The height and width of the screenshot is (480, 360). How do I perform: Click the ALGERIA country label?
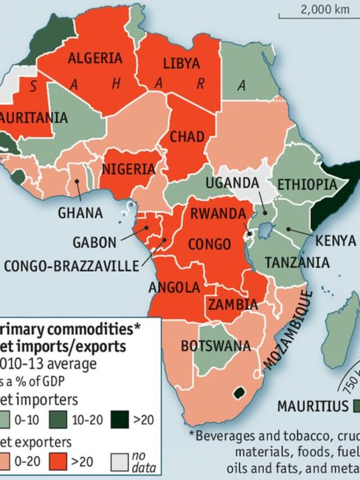(94, 59)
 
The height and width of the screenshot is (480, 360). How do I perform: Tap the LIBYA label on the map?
(181, 64)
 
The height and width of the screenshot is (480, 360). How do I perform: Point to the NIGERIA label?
(128, 169)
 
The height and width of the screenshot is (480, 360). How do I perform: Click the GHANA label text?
(80, 213)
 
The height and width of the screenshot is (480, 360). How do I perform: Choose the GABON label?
(94, 243)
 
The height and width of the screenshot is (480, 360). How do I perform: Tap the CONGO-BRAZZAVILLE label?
(71, 266)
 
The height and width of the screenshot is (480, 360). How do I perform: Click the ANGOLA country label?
(174, 288)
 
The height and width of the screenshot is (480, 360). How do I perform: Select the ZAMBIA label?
(233, 304)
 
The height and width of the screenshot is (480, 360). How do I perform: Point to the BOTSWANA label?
(215, 346)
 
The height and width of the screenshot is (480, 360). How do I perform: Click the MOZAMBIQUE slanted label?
(288, 330)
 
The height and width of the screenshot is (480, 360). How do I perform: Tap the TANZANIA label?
(297, 262)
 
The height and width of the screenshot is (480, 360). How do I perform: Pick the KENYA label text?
(336, 241)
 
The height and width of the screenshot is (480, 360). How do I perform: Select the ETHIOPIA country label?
(307, 185)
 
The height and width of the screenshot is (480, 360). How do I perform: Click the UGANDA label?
(232, 183)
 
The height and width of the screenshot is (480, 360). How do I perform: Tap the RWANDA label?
(218, 214)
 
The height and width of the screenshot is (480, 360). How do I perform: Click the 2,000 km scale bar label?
(325, 9)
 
